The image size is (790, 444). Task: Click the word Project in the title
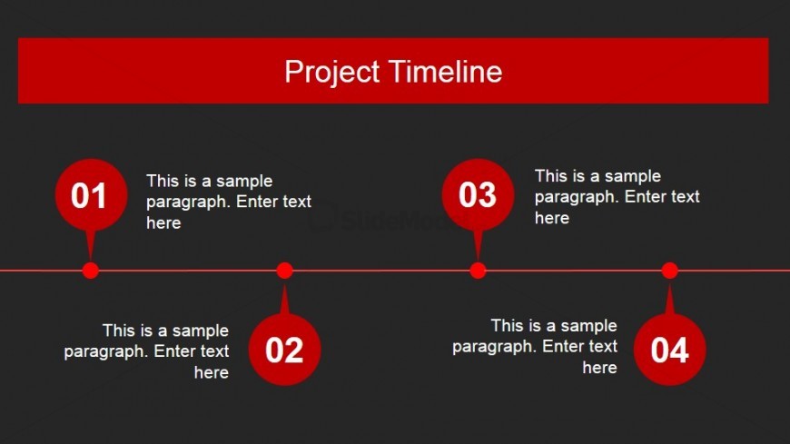[331, 72]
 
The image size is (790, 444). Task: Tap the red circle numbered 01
[90, 195]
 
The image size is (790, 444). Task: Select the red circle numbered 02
[284, 350]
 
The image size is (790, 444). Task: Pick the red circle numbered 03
[478, 195]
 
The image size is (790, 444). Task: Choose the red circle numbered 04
[669, 350]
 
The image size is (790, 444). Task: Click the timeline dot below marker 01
[90, 270]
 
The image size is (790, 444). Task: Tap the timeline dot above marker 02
[284, 270]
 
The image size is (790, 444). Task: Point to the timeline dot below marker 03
[478, 270]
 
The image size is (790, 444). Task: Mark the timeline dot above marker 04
[669, 270]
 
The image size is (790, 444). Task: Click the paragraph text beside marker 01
[228, 202]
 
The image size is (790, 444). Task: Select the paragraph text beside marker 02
[147, 351]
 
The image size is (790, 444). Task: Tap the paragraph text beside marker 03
[617, 196]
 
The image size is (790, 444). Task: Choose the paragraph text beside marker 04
[535, 346]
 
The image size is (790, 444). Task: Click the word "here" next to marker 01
[163, 223]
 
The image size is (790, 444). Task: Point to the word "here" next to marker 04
[599, 368]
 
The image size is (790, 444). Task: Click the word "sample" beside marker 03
[633, 176]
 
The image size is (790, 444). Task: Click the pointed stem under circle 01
[89, 245]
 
